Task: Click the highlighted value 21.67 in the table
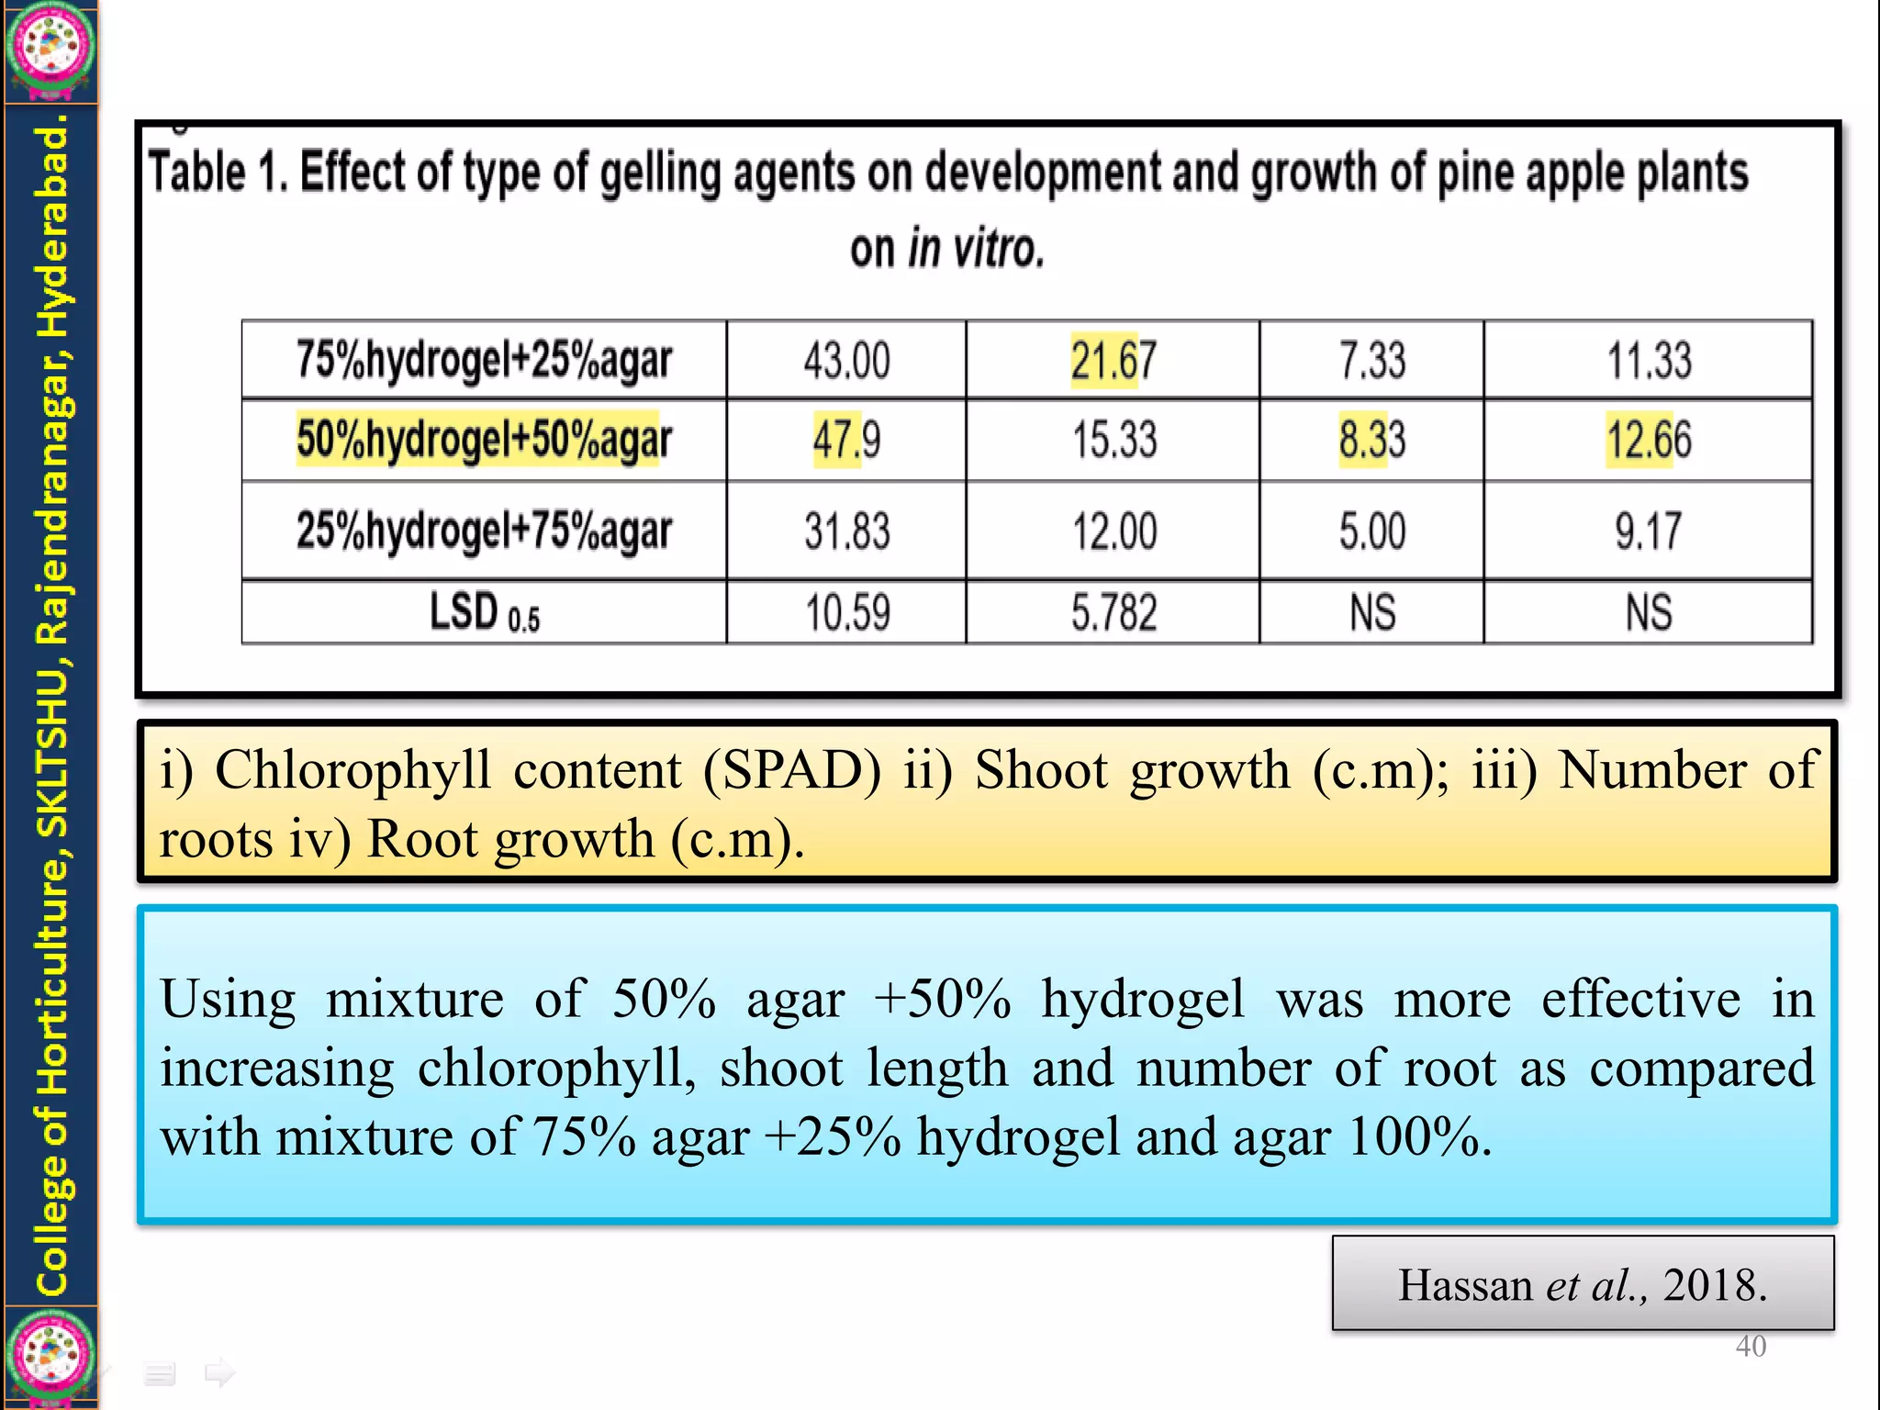point(1113,361)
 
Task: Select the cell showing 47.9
point(846,440)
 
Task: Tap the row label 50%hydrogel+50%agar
point(484,439)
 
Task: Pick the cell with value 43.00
point(846,361)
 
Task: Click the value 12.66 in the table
point(1648,440)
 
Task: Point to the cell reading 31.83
point(846,531)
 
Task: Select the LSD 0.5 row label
point(484,612)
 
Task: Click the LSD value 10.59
point(846,612)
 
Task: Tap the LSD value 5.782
point(1113,612)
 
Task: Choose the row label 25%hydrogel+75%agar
point(484,531)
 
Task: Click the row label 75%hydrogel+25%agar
point(484,360)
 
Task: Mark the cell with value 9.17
point(1648,531)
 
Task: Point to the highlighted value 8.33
point(1371,440)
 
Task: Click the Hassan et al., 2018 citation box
point(1583,1283)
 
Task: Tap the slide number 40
point(1751,1346)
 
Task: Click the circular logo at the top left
point(50,46)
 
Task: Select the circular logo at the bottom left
point(50,1358)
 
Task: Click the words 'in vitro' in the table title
point(976,249)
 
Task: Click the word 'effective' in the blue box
point(1640,999)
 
